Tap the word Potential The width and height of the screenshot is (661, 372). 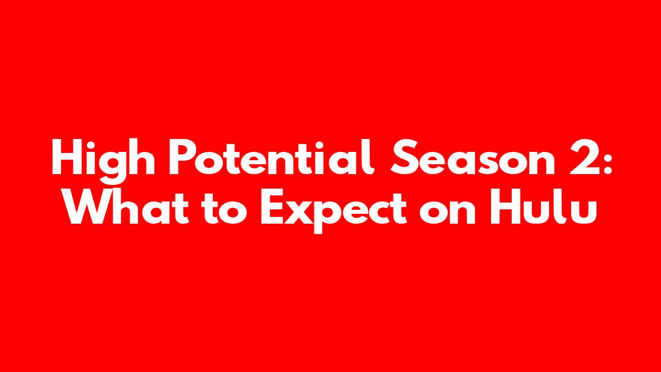click(272, 157)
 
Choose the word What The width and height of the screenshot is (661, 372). click(127, 206)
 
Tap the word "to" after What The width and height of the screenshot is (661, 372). click(224, 208)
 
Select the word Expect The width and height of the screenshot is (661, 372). click(334, 211)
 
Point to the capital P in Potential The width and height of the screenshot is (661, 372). click(181, 157)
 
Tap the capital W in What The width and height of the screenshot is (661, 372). click(90, 207)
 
